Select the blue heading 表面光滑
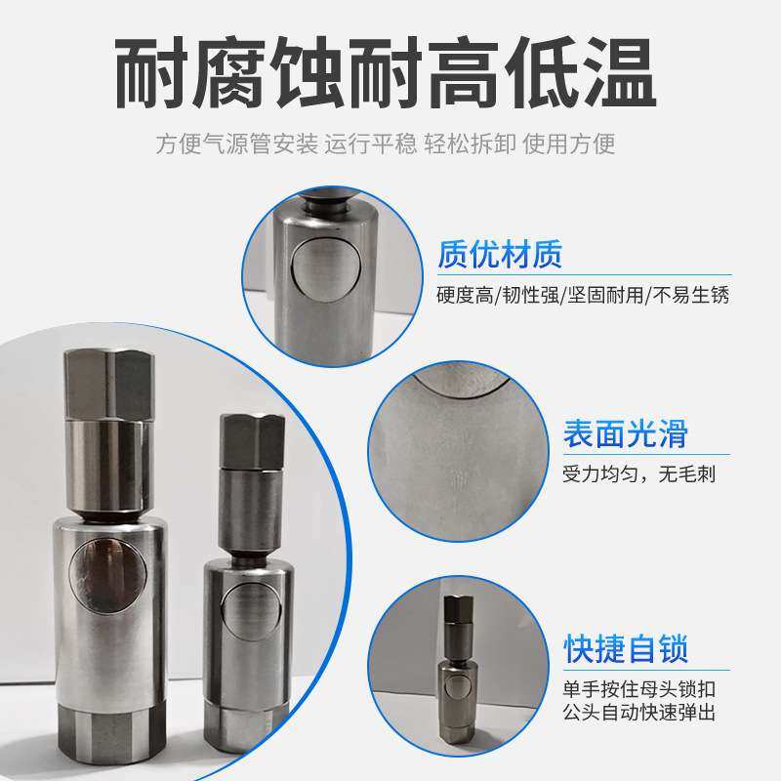pyautogui.click(x=626, y=433)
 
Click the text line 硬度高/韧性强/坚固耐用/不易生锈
pyautogui.click(x=583, y=294)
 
